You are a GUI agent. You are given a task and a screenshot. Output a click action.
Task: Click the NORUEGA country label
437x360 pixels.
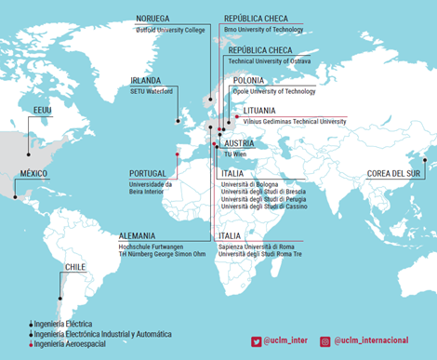tap(152, 19)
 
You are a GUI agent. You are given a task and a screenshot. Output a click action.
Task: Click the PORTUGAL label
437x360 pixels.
tap(147, 173)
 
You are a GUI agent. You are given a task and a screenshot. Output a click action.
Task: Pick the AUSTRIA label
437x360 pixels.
tap(240, 143)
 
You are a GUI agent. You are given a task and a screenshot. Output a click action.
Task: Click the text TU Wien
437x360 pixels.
tap(234, 153)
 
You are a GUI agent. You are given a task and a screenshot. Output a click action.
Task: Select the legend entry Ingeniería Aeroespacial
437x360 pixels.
tap(72, 344)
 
